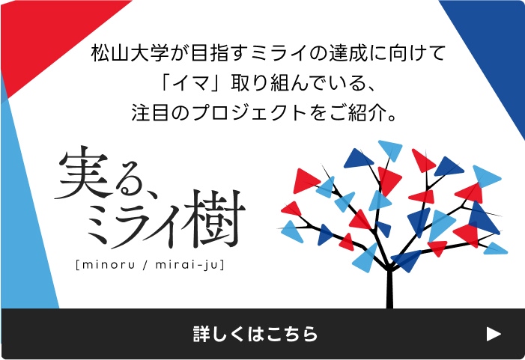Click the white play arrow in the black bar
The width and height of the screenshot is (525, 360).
tap(494, 334)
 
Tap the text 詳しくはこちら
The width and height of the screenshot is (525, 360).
tap(255, 334)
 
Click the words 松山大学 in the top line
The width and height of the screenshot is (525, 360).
tap(130, 53)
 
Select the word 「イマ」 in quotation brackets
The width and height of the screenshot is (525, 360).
tap(190, 82)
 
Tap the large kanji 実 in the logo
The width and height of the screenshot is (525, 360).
tap(85, 173)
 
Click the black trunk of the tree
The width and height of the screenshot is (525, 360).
tap(389, 287)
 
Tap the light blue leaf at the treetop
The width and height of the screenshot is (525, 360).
tap(391, 150)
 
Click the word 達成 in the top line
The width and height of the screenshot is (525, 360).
tap(348, 53)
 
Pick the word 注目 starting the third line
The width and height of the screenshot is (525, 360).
tap(150, 112)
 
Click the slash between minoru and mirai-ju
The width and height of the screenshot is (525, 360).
tap(145, 265)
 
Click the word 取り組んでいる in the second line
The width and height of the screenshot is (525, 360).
tap(298, 82)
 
